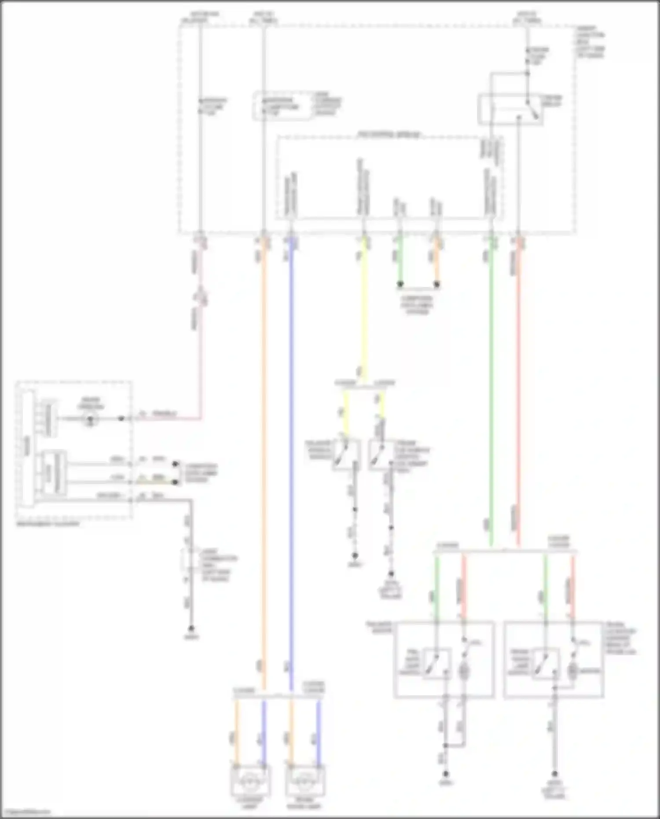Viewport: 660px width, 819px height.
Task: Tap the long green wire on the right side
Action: [x=491, y=396]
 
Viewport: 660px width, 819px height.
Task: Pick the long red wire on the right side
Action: [x=518, y=396]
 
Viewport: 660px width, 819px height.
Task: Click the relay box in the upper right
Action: [x=510, y=109]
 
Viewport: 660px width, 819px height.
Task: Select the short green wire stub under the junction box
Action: [x=400, y=262]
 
